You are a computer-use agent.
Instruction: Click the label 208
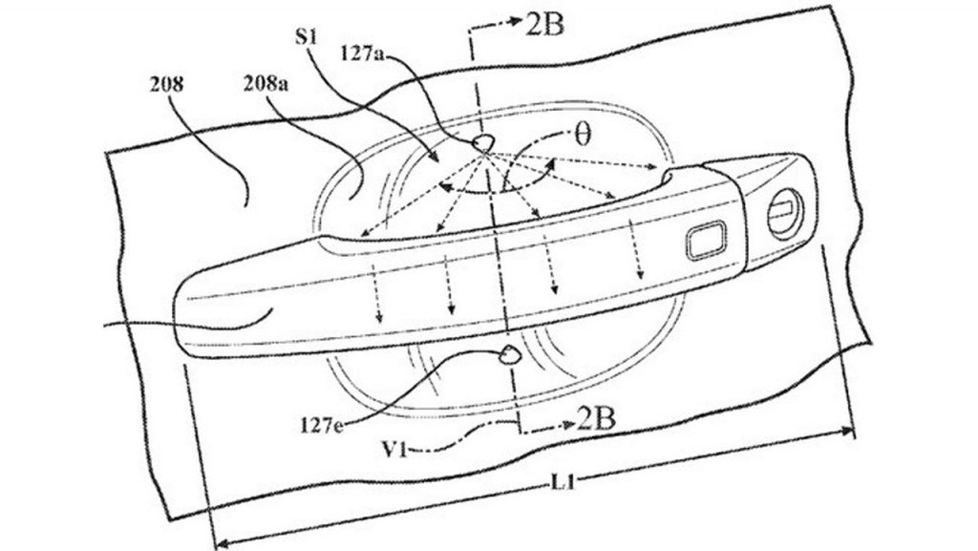coord(166,84)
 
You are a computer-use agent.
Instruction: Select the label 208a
coord(266,84)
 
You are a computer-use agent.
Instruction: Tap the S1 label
coord(307,37)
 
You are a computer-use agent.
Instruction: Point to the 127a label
coord(362,53)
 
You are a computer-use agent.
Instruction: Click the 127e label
coord(322,426)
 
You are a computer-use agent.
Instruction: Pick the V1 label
coord(394,449)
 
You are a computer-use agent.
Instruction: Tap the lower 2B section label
coord(597,420)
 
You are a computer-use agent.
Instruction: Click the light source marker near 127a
coord(483,142)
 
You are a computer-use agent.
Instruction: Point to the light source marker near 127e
coord(511,354)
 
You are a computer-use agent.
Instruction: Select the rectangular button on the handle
coord(706,240)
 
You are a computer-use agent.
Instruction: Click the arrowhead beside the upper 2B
coord(516,21)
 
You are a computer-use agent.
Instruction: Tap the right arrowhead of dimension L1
coord(847,430)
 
